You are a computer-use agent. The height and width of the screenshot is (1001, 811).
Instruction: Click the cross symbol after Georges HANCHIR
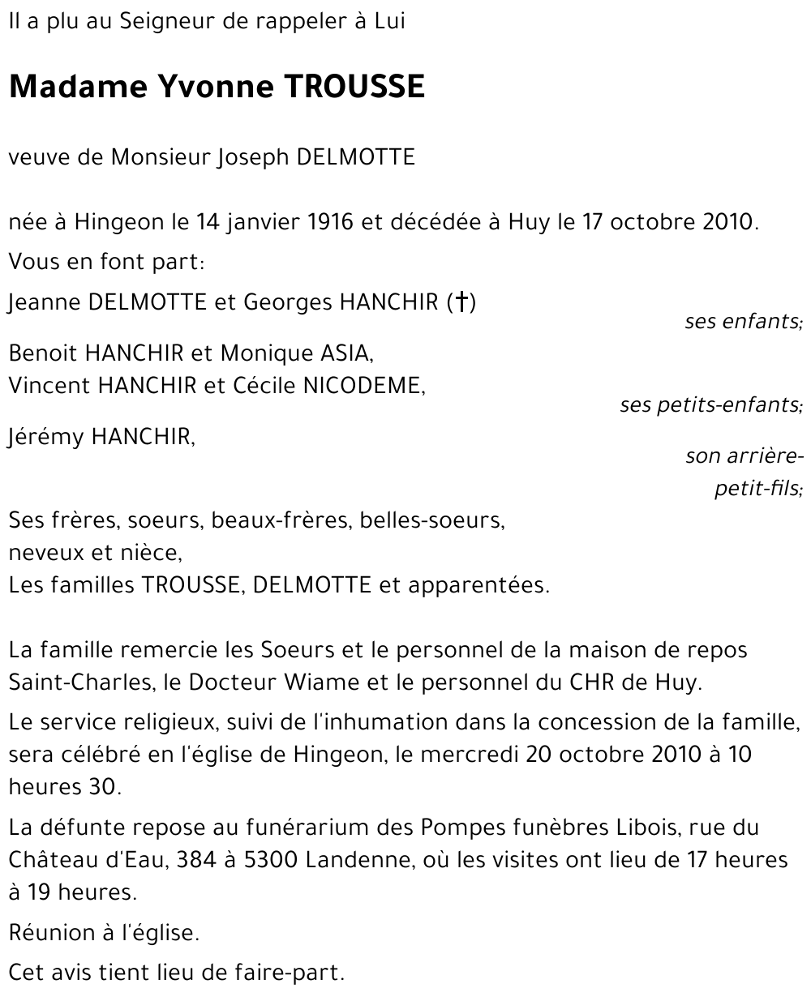point(461,302)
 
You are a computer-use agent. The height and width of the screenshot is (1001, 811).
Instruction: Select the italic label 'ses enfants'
point(742,322)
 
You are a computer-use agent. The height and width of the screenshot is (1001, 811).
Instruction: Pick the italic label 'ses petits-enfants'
point(710,404)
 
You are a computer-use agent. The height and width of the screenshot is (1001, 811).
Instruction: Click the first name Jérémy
point(46,437)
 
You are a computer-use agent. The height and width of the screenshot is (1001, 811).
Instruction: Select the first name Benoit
point(43,353)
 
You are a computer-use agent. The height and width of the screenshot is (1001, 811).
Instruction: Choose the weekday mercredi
point(470,755)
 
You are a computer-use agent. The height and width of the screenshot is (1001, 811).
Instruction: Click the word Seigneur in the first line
point(157,22)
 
